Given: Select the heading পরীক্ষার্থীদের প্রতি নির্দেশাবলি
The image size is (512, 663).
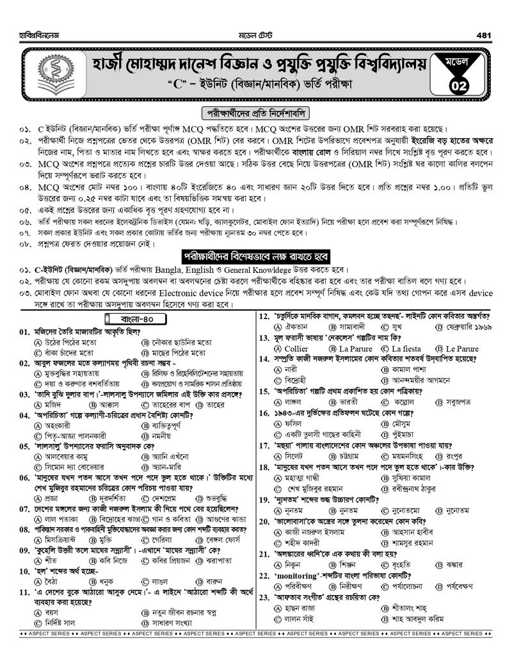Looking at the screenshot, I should [x=255, y=113].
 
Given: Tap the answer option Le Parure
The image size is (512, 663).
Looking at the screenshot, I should [x=461, y=348].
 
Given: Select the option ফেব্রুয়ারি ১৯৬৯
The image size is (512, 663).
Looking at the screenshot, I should [x=470, y=326].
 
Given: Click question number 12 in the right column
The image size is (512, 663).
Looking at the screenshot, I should [x=263, y=315].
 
